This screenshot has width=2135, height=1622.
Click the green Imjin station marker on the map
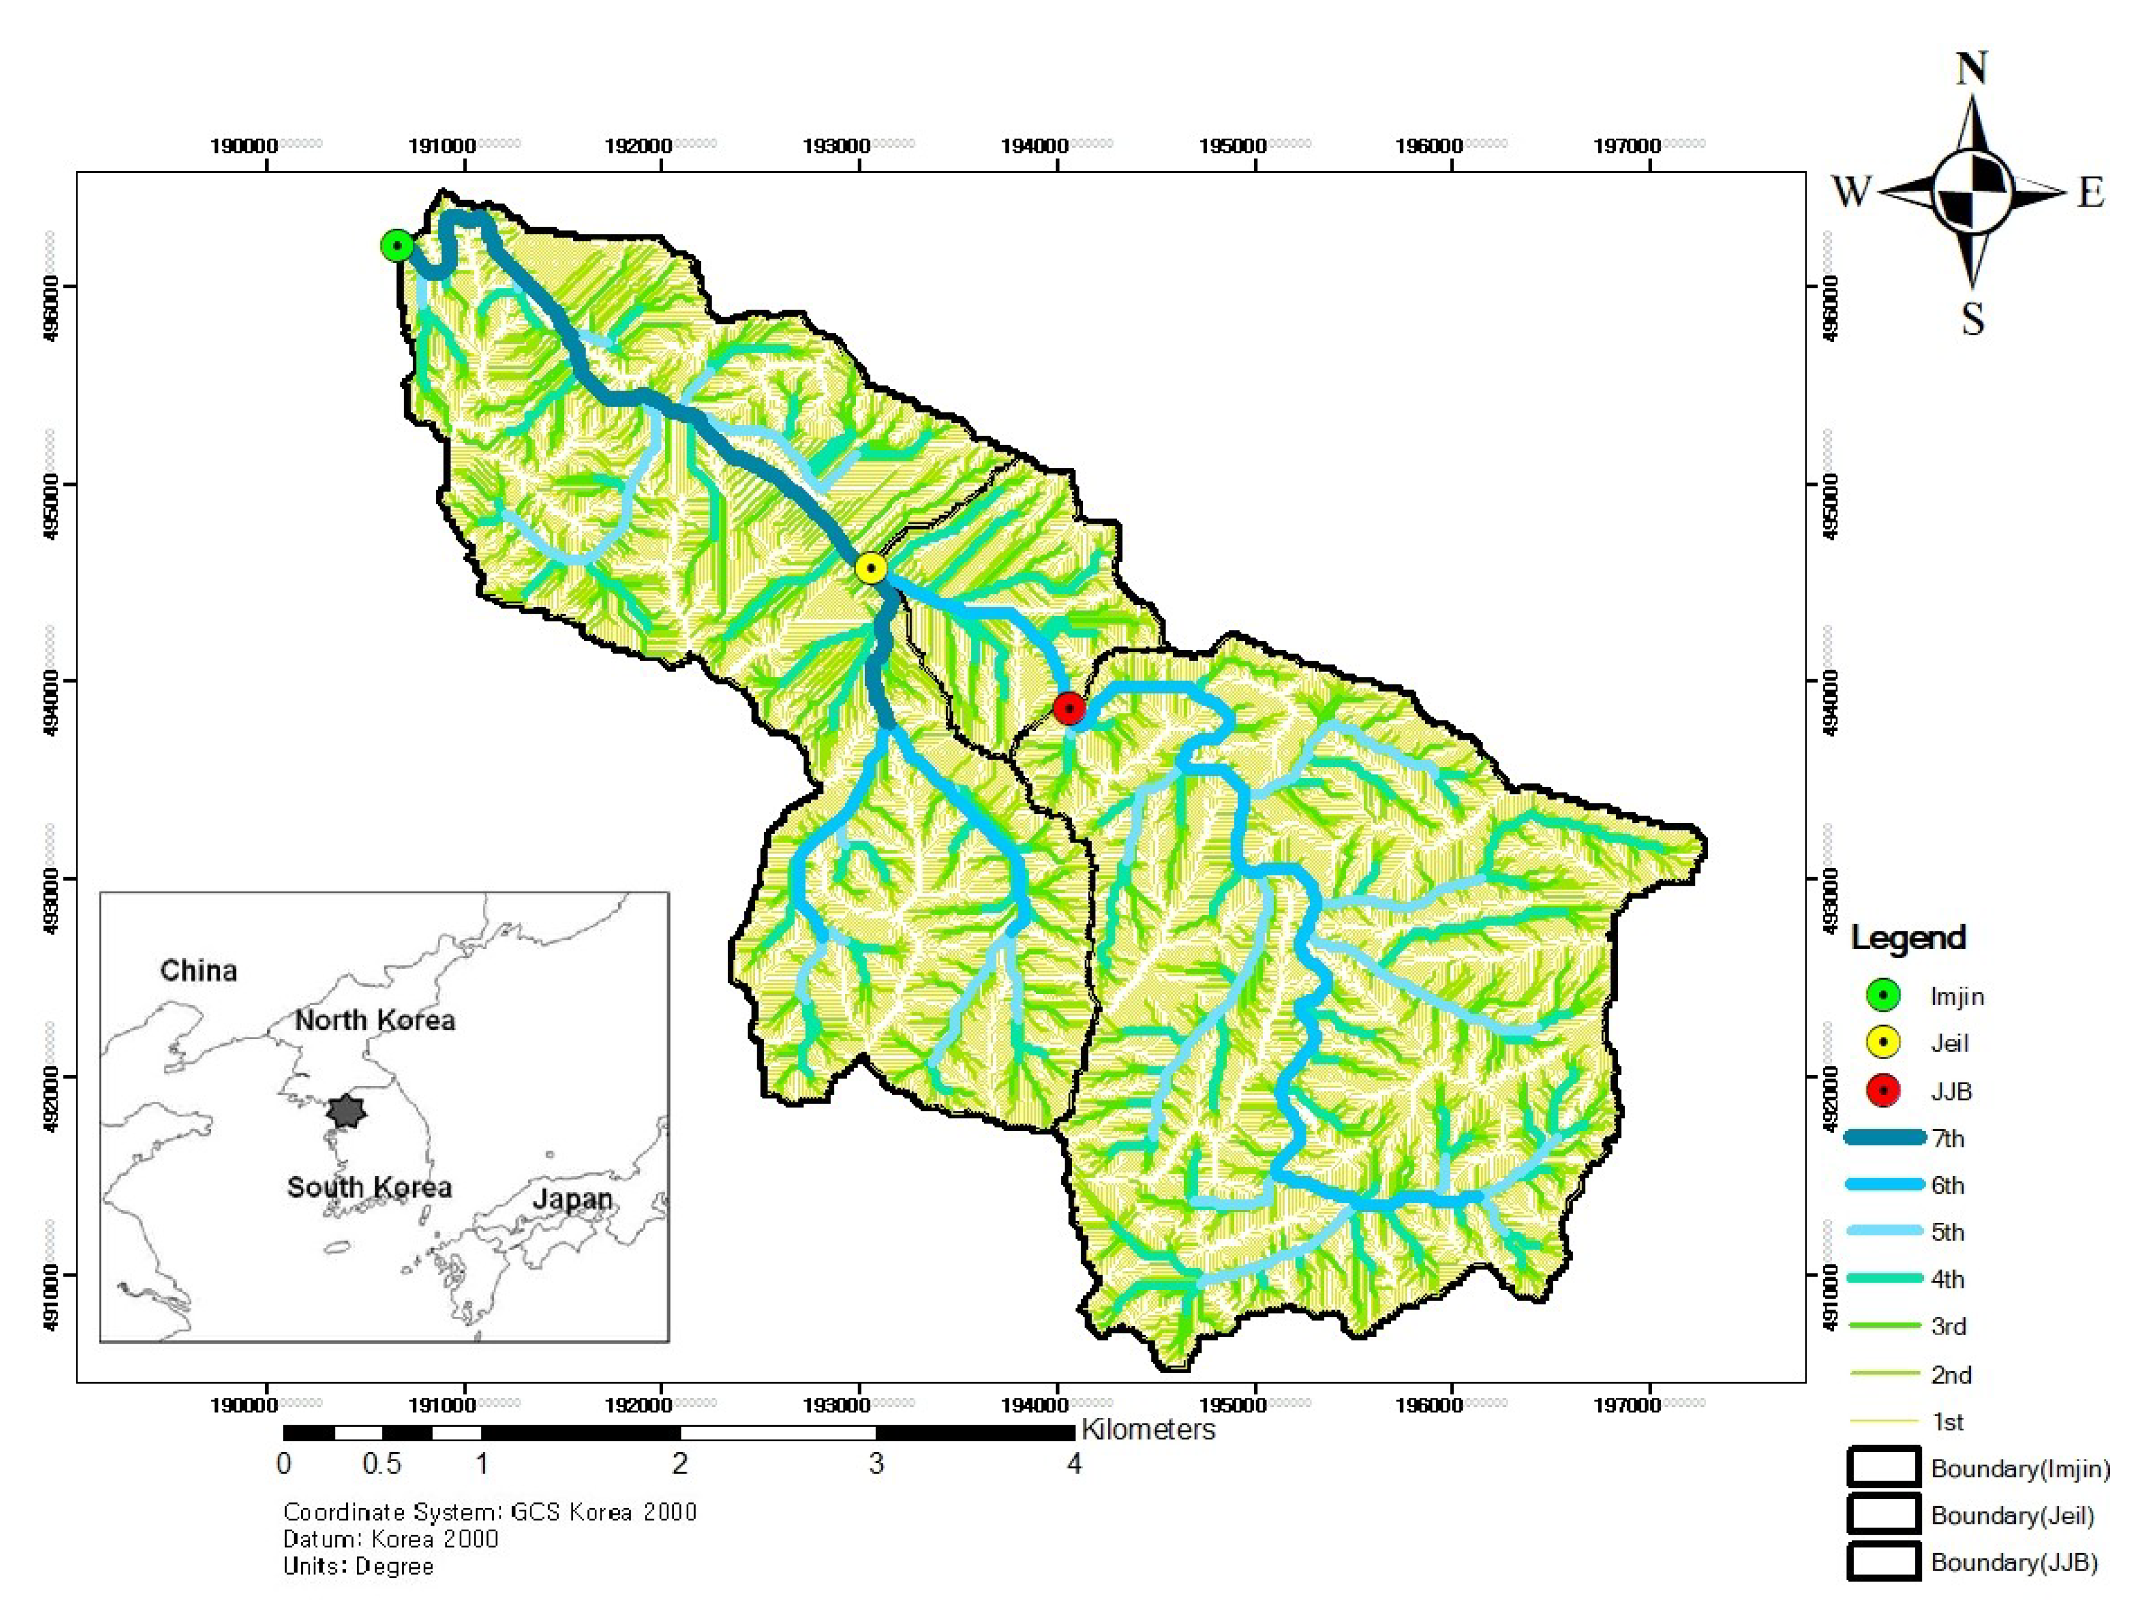[x=397, y=246]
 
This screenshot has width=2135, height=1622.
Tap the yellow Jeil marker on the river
[x=871, y=569]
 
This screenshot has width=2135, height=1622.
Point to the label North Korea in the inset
[x=375, y=1020]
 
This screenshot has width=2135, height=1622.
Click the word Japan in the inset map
[x=573, y=1199]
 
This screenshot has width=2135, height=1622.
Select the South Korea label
[x=369, y=1187]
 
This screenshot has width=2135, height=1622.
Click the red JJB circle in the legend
[x=1883, y=1091]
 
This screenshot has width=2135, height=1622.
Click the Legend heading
[x=1907, y=938]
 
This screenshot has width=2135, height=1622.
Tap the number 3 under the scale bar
[x=875, y=1463]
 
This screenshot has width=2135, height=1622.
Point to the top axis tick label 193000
[x=837, y=146]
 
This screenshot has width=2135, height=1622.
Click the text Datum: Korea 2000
[x=390, y=1539]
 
